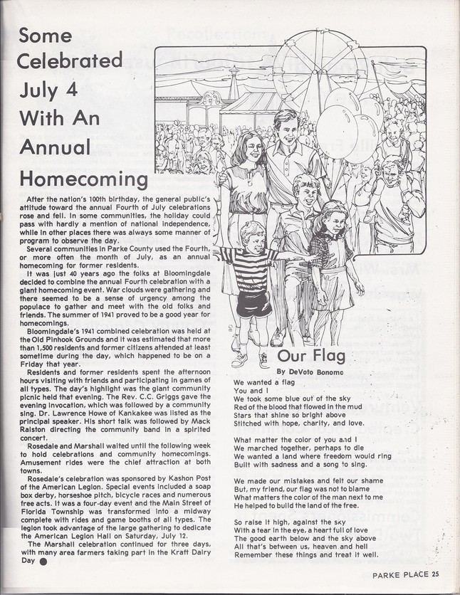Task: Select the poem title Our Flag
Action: pyautogui.click(x=311, y=355)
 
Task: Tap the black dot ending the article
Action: pyautogui.click(x=43, y=560)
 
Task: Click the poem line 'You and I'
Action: pyautogui.click(x=248, y=391)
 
